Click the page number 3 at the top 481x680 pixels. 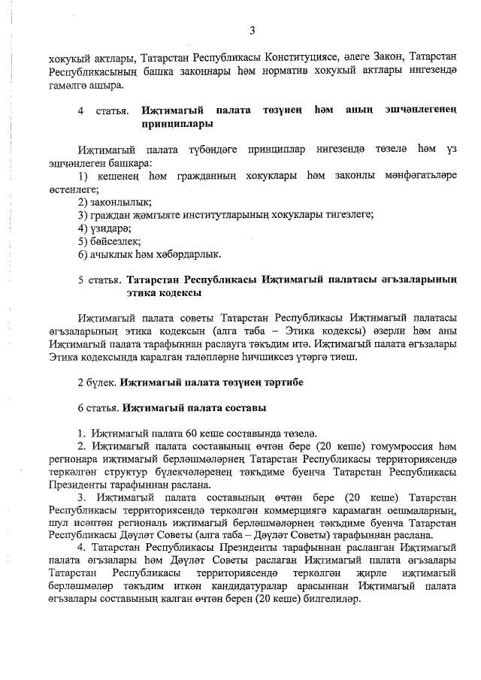click(253, 31)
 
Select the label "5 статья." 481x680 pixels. click(100, 280)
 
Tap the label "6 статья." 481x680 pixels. click(99, 408)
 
